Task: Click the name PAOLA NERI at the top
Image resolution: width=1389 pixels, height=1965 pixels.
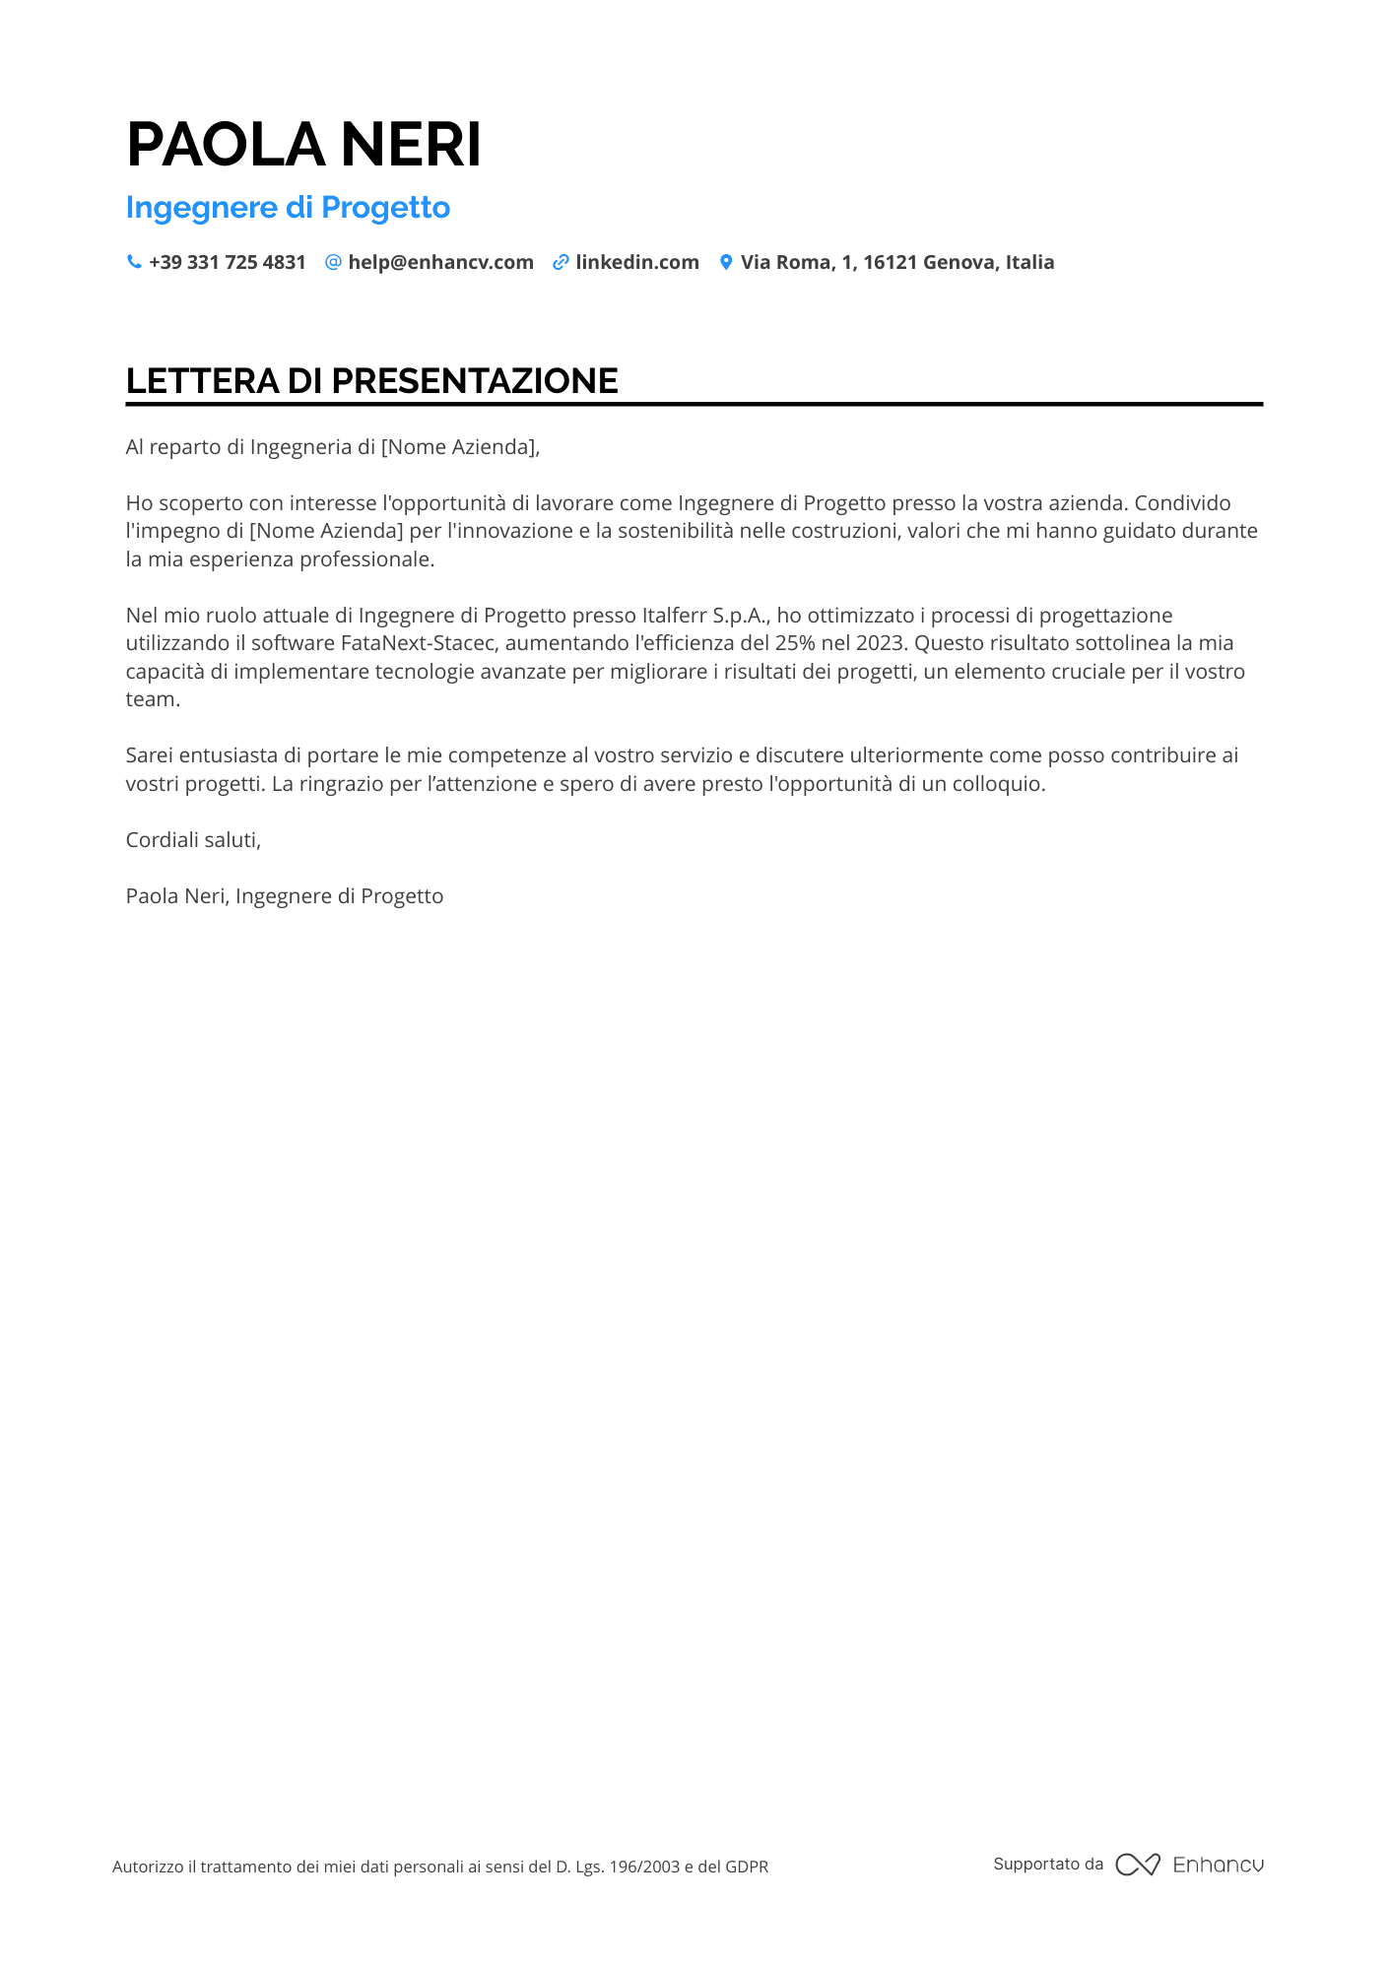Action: point(303,145)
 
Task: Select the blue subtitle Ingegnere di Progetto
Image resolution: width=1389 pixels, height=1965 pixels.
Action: point(288,208)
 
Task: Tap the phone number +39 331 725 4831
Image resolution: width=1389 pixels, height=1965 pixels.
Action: point(227,263)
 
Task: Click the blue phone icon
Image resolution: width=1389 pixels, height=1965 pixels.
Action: point(134,262)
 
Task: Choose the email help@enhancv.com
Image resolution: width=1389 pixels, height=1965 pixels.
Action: point(440,263)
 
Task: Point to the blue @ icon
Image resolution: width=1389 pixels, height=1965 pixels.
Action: point(333,262)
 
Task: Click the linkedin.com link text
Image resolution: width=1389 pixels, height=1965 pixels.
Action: point(636,263)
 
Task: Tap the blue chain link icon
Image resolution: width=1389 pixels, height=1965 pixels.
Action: point(561,262)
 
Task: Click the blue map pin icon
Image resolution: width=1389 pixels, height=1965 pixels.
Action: point(726,262)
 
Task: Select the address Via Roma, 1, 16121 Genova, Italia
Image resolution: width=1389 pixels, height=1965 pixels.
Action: point(896,263)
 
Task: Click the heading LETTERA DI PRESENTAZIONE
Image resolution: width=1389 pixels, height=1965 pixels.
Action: point(371,381)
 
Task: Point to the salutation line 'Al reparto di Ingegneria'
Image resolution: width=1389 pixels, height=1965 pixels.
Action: point(332,447)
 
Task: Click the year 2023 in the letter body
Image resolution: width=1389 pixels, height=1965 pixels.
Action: point(879,643)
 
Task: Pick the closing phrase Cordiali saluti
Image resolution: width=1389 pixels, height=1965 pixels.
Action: point(193,840)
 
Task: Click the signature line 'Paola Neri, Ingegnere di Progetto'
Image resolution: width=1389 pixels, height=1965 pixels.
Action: point(284,896)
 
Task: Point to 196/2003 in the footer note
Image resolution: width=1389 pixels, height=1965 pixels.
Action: point(644,1867)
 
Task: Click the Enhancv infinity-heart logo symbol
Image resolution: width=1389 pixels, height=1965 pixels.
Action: point(1137,1865)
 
